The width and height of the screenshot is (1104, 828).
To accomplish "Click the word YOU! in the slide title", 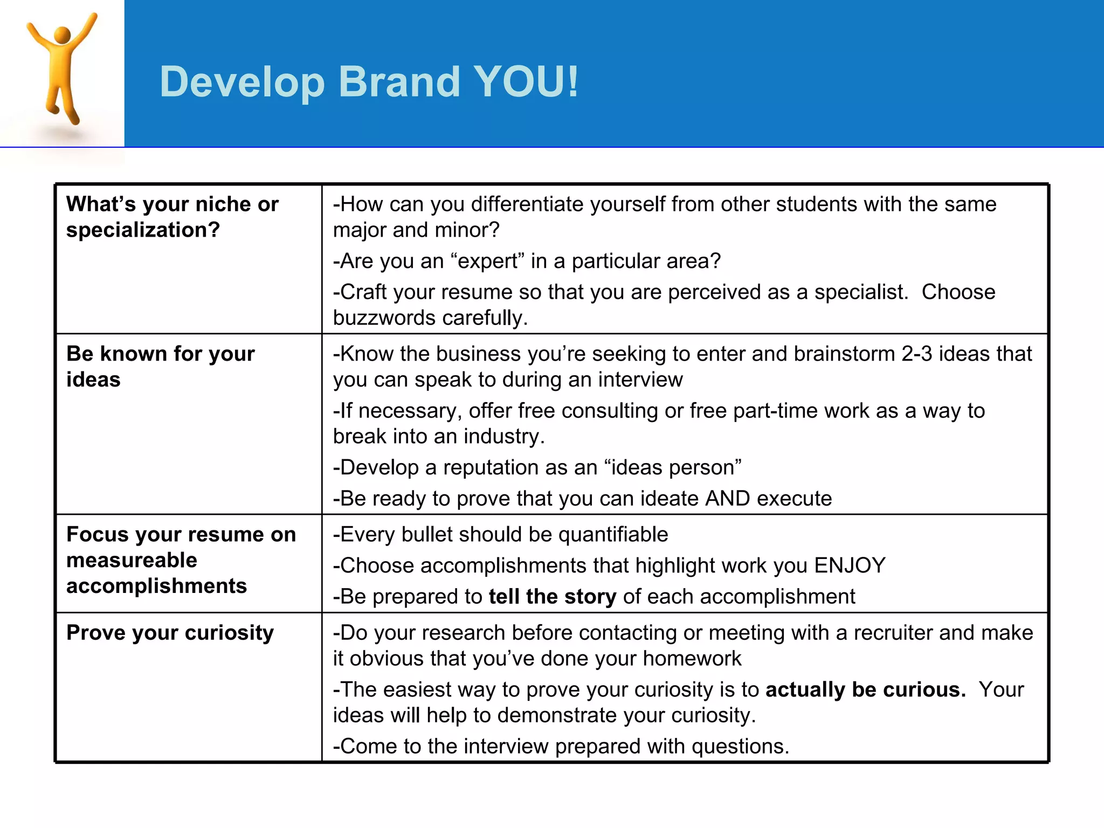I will point(526,82).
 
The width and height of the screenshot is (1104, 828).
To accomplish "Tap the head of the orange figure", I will point(63,35).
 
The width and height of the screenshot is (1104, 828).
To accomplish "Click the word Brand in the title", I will point(399,82).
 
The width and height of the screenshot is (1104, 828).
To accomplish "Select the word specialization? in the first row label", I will point(143,230).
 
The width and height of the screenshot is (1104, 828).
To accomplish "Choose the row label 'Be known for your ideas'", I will point(160,367).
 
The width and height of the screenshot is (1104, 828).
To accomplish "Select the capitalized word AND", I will point(727,499).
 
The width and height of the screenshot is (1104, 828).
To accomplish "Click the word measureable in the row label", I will point(132,561).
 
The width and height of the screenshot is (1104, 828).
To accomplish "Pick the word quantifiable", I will point(613,535).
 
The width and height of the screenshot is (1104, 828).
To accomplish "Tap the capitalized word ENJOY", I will point(850,565).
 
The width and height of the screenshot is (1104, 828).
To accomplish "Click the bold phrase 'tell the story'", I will point(552,597).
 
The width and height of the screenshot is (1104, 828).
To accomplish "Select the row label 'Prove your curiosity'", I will point(170,633).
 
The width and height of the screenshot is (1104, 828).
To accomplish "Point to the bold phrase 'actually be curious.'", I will point(866,690).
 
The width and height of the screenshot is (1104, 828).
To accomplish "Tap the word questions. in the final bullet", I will point(740,747).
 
